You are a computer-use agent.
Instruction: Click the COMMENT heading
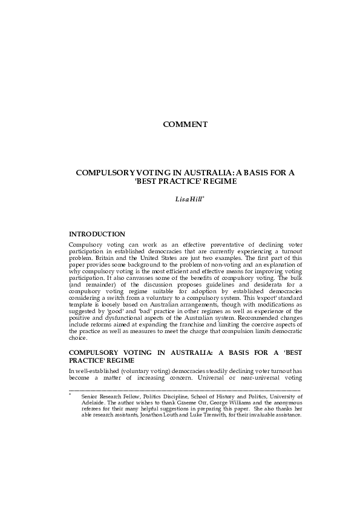pos(185,125)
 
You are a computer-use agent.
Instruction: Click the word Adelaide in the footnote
pos(96,402)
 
